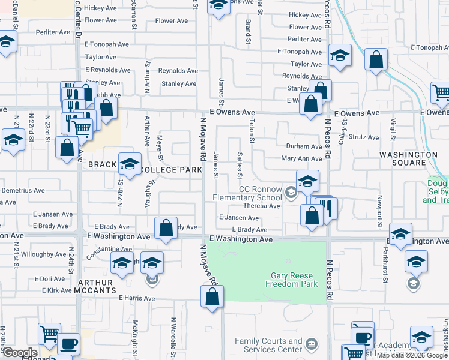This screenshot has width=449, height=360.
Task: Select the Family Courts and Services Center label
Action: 268,345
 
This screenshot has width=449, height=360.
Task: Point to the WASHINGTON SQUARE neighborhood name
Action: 408,158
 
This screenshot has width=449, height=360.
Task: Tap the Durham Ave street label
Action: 304,146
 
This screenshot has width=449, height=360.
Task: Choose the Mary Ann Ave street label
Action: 302,159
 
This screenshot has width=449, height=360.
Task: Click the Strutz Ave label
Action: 365,137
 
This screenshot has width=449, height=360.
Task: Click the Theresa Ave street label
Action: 266,206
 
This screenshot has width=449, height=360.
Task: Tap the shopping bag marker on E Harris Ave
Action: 212,296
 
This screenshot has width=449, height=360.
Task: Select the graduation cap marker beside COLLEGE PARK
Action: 130,163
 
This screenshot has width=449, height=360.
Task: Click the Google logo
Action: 19,353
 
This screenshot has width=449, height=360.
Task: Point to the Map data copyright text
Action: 412,356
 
